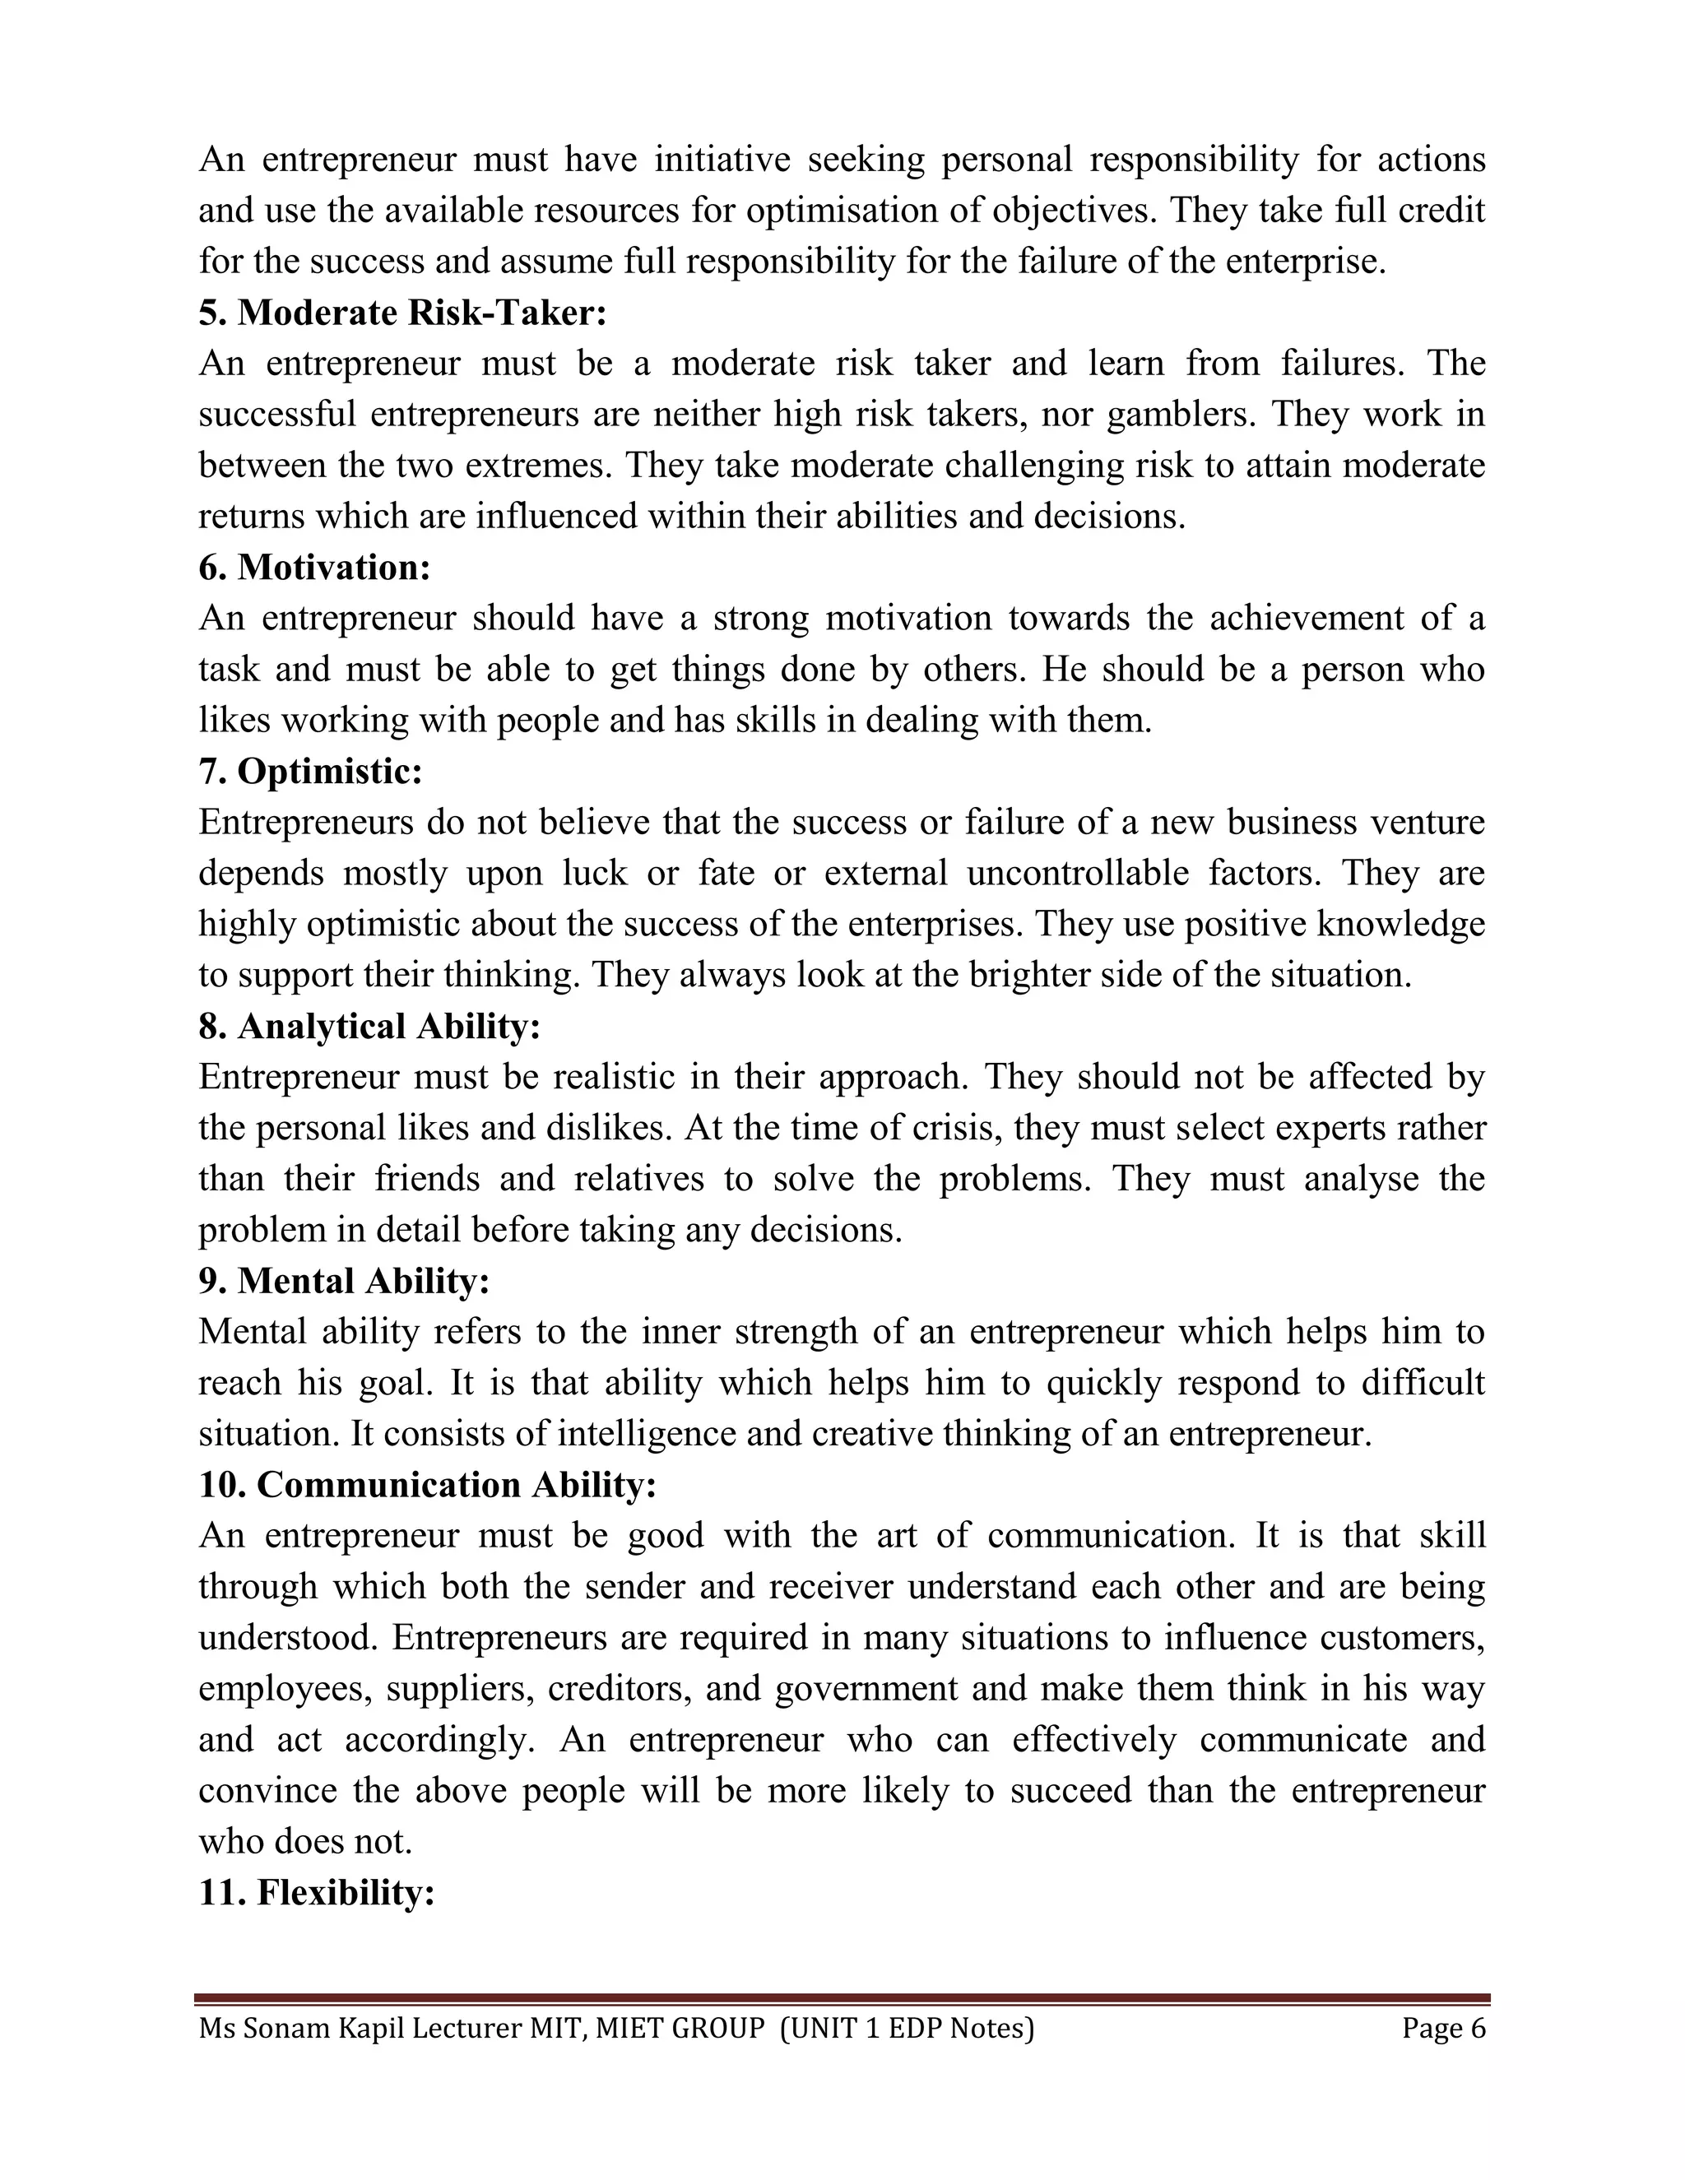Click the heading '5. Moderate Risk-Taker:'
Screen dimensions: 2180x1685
click(x=402, y=313)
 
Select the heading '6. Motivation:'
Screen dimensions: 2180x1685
click(x=314, y=568)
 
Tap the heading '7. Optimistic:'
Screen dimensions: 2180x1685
click(x=310, y=772)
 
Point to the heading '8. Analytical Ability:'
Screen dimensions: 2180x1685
click(x=369, y=1026)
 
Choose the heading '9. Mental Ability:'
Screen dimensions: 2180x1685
click(x=345, y=1281)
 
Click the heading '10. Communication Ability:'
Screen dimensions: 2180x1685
click(x=427, y=1484)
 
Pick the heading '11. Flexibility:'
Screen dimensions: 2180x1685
click(x=317, y=1891)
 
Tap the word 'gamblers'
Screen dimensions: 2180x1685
click(x=1181, y=415)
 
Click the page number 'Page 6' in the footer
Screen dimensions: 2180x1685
click(x=1443, y=2030)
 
